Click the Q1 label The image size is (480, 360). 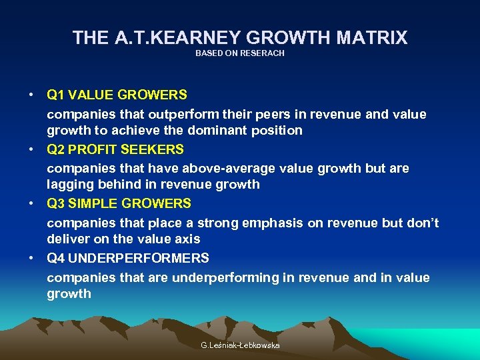[55, 95]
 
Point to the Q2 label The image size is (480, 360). [55, 149]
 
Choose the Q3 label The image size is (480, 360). [55, 203]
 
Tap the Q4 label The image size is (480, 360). [55, 258]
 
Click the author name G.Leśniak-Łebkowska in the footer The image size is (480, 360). [240, 345]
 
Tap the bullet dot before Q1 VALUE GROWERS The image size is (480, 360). [31, 95]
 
